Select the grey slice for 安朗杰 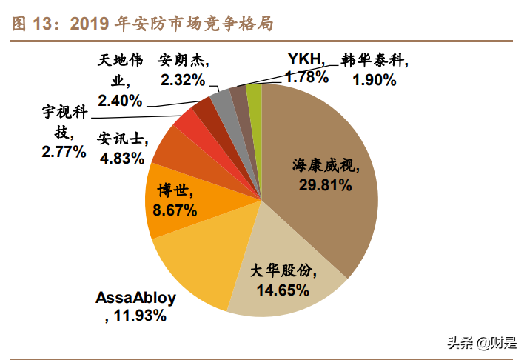pyautogui.click(x=221, y=99)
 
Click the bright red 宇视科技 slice pyautogui.click(x=186, y=119)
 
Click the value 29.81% pyautogui.click(x=325, y=185)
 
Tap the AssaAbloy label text pyautogui.click(x=136, y=299)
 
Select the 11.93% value pyautogui.click(x=140, y=316)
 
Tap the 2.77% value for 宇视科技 pyautogui.click(x=64, y=152)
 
